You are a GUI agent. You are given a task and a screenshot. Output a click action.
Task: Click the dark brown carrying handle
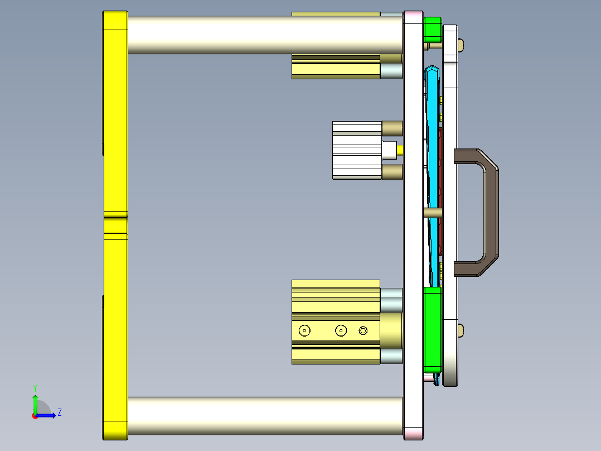(491, 212)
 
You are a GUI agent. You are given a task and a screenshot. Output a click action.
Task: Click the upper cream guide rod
(265, 34)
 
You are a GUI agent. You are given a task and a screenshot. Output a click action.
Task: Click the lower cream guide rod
(265, 416)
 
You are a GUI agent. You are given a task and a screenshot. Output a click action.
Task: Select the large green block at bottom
(433, 329)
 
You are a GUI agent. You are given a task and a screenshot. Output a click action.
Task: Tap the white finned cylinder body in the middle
(357, 150)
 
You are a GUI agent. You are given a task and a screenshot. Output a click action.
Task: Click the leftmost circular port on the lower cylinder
(304, 331)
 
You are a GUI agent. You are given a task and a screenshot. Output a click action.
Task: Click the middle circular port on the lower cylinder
(341, 331)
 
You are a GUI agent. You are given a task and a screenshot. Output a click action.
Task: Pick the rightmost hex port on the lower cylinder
(363, 331)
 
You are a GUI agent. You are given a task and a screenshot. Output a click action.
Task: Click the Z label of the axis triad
(59, 412)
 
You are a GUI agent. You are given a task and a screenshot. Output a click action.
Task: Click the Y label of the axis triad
(35, 387)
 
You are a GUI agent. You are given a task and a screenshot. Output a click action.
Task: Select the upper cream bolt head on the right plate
(461, 44)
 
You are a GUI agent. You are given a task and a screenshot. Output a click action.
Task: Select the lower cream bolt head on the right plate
(461, 330)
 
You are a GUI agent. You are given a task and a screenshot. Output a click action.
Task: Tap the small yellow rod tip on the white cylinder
(400, 150)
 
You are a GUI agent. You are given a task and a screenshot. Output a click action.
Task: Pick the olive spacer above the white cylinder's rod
(392, 128)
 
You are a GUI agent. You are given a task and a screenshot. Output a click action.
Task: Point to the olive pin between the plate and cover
(433, 213)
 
